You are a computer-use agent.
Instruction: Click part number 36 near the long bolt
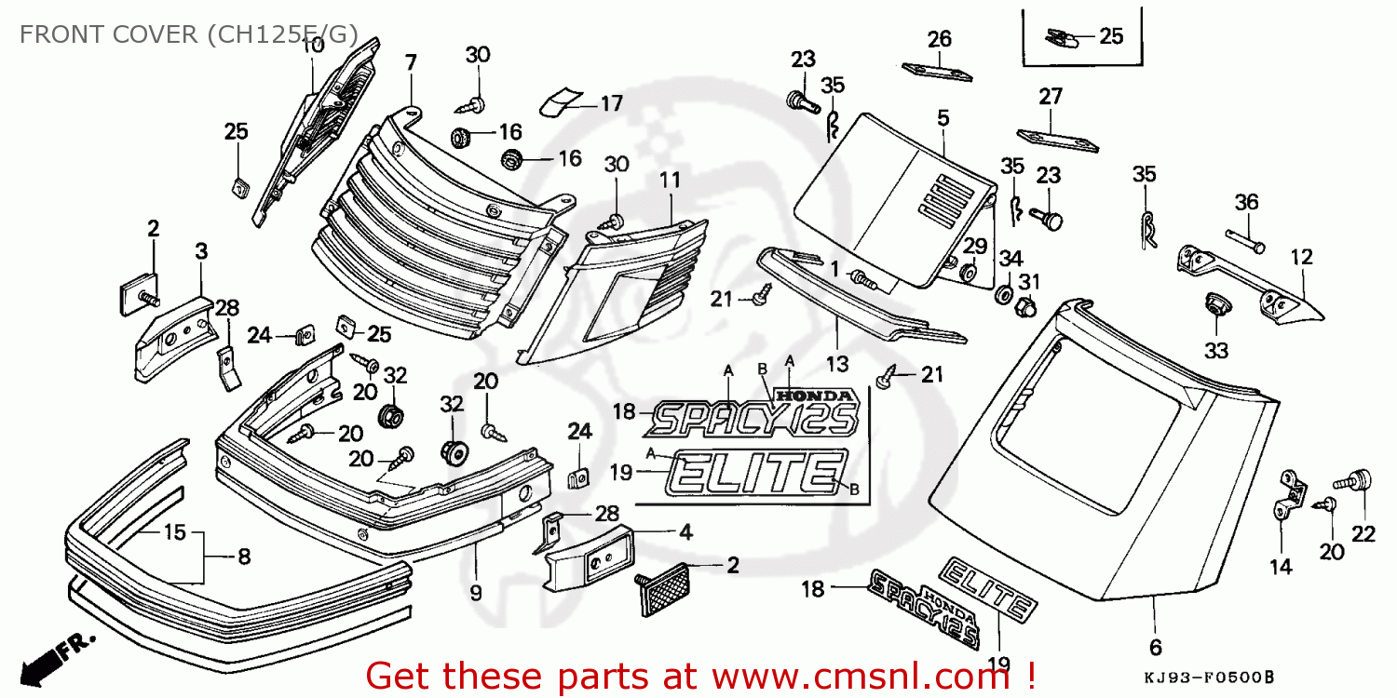pos(1246,202)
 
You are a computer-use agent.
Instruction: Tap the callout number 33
pos(1216,351)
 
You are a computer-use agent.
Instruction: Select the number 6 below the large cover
pos(1155,647)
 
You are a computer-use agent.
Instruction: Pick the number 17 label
pos(610,103)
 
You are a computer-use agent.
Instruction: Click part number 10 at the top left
pos(313,45)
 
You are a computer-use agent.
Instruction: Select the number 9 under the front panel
pos(475,592)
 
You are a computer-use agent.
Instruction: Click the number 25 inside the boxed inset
pos(1111,36)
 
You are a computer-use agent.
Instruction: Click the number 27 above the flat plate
pos(1051,97)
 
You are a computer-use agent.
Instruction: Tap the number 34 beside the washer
pos(1011,257)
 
